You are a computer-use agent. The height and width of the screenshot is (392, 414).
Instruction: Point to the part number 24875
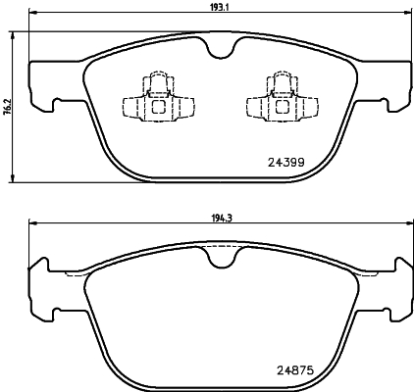click(x=285, y=369)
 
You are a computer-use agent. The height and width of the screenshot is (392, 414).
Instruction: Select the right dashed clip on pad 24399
click(x=271, y=100)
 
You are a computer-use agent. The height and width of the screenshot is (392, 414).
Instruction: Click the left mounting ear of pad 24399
click(x=45, y=86)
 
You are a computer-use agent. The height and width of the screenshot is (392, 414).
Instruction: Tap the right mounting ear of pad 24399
click(x=393, y=86)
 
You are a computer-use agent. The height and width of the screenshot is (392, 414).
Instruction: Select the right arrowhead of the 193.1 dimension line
click(x=404, y=13)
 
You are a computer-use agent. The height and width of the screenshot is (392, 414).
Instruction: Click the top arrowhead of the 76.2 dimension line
click(x=13, y=33)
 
